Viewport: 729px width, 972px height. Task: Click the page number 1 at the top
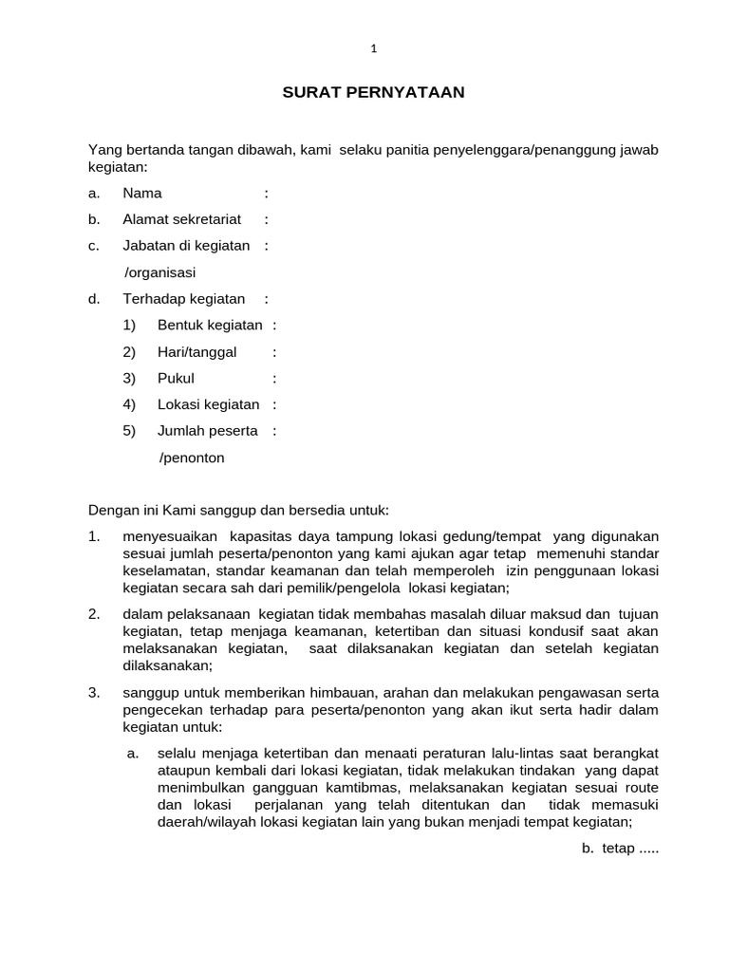[x=374, y=49]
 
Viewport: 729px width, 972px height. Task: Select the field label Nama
[x=142, y=194]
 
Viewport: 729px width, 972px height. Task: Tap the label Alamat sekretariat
[x=181, y=220]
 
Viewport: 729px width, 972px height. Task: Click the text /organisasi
[x=159, y=272]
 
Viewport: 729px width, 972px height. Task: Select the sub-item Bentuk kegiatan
[x=210, y=326]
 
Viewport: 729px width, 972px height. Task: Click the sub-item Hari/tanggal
[x=196, y=352]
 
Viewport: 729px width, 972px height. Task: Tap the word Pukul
[x=176, y=379]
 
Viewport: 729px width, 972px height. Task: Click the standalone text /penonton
[x=192, y=458]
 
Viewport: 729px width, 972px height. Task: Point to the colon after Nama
[x=267, y=194]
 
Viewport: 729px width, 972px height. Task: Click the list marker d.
[x=94, y=299]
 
